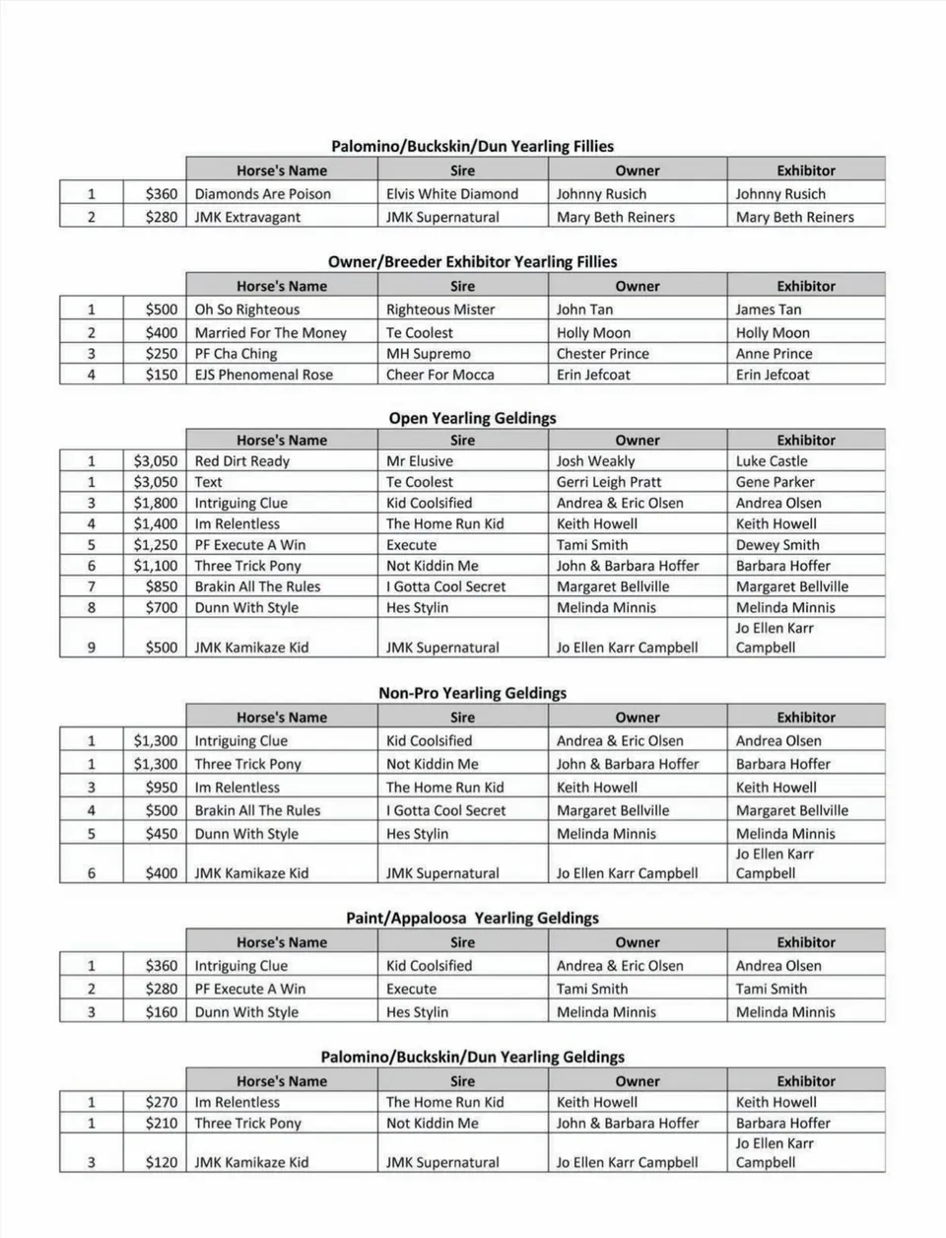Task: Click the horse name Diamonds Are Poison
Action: (x=262, y=194)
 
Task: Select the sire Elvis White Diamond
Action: (x=451, y=194)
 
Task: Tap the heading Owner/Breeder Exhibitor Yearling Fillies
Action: (x=472, y=262)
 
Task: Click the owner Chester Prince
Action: (x=602, y=354)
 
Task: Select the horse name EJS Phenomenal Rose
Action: (x=263, y=375)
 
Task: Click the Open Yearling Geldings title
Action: (x=472, y=418)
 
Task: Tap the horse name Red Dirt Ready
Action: (x=241, y=461)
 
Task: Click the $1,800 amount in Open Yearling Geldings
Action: (x=156, y=503)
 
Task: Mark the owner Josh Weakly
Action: (x=595, y=461)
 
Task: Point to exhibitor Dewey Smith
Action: (x=777, y=545)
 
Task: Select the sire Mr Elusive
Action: (x=420, y=461)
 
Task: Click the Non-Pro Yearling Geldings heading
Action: (x=472, y=693)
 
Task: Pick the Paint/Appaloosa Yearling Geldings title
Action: (x=472, y=919)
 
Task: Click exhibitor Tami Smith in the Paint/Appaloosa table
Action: (x=771, y=989)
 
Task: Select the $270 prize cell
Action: (x=162, y=1102)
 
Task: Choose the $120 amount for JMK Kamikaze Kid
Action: (x=162, y=1162)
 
